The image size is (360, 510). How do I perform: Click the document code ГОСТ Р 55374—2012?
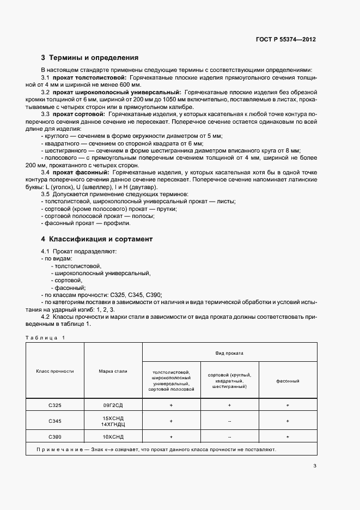pos(286,40)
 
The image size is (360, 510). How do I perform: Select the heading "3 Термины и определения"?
pos(90,57)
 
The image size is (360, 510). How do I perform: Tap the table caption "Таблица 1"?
pos(45,337)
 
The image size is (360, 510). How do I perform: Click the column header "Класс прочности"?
pos(54,371)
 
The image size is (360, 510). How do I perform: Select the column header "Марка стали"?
pos(113,371)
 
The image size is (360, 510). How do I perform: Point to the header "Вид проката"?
pos(229,353)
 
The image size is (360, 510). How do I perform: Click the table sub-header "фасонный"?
pos(288,381)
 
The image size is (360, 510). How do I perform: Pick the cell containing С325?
pos(54,405)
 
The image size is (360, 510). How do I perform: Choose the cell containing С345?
pos(54,421)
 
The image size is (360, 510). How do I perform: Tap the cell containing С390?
pos(54,437)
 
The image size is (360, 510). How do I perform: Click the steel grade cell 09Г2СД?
pos(113,405)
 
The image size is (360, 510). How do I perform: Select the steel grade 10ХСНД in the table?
pos(113,437)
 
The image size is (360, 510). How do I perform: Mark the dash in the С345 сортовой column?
pos(229,421)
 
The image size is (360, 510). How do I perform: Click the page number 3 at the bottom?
pos(315,465)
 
